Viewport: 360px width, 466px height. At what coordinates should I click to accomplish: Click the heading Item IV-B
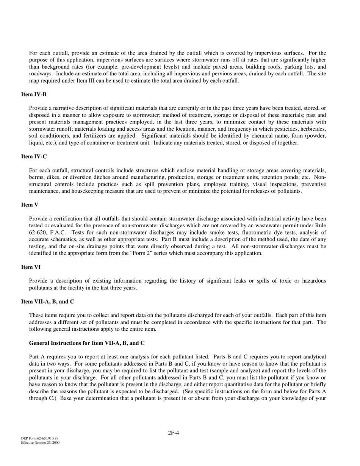pos(34,94)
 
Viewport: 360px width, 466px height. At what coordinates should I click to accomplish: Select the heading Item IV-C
pos(34,156)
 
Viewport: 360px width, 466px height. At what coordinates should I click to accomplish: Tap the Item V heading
pos(30,205)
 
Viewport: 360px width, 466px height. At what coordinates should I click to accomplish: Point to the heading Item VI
pos(31,267)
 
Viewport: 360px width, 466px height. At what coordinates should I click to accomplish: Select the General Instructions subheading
pos(87,343)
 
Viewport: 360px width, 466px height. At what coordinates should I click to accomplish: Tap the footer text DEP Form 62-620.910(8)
pos(39,438)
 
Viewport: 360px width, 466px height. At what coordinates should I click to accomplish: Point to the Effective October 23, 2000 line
pos(40,443)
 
